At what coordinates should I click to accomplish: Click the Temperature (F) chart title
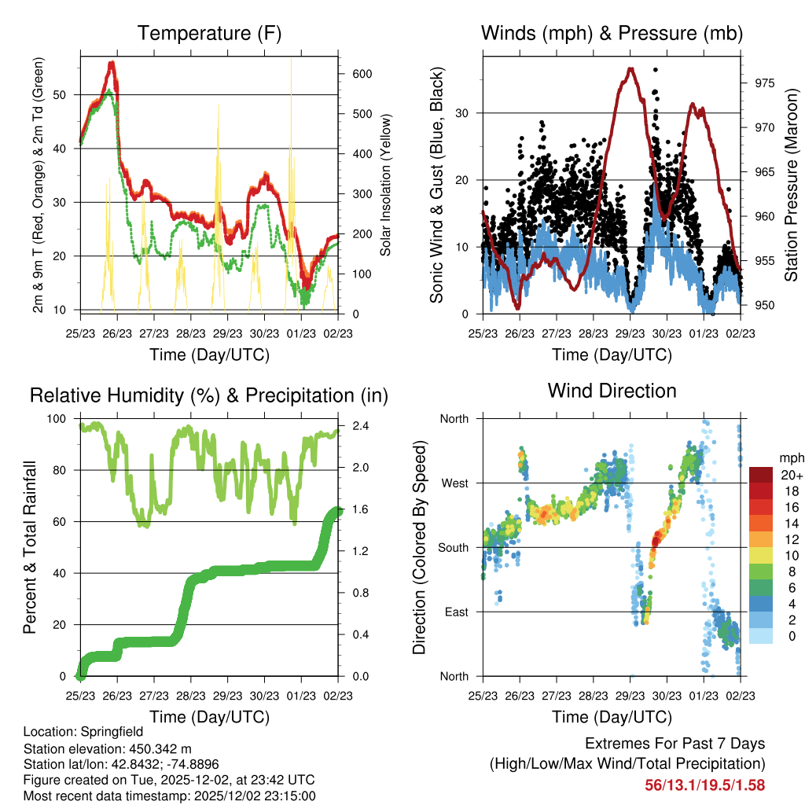209,33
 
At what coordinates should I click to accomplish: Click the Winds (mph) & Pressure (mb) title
612,33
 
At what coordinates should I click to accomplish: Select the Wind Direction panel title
612,390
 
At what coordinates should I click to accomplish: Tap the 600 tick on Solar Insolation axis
362,74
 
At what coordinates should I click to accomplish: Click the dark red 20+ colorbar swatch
761,475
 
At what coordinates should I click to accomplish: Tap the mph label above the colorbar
789,458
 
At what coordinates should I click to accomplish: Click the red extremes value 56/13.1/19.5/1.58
704,785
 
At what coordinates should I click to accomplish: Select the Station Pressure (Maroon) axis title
791,184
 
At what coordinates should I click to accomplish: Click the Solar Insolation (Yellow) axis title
387,184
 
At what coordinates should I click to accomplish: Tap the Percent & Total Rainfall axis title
29,547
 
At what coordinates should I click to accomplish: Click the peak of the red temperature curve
112,63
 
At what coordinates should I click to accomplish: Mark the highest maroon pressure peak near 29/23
630,69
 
